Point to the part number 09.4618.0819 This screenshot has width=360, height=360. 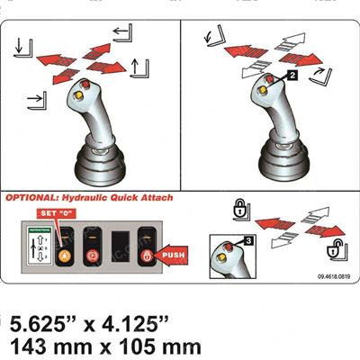coord(335,279)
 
